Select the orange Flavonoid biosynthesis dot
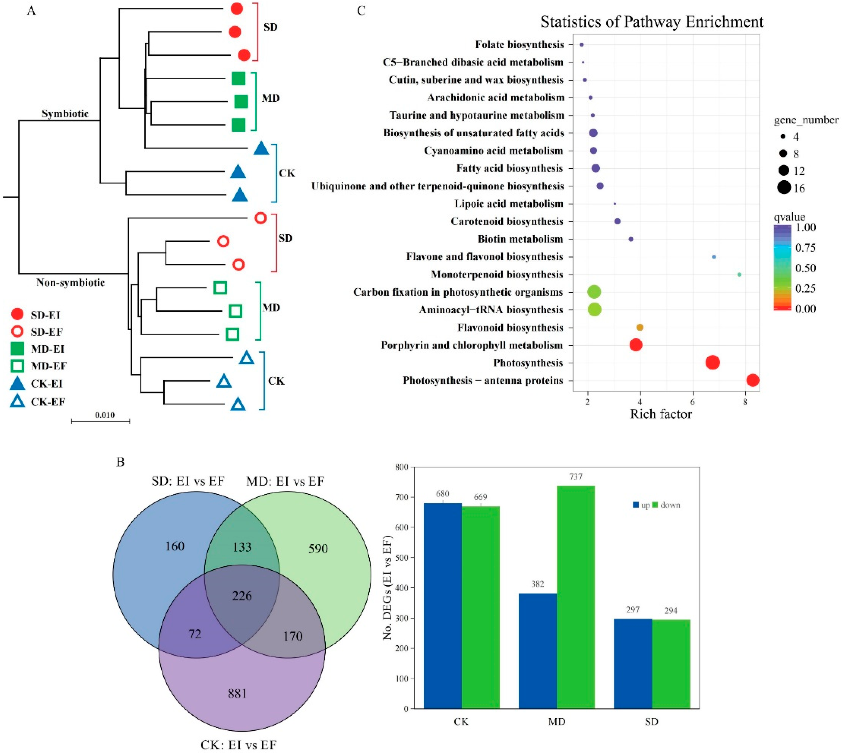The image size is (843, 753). click(x=640, y=327)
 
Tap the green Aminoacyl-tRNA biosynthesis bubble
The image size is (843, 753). click(x=594, y=309)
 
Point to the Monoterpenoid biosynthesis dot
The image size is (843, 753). click(x=739, y=274)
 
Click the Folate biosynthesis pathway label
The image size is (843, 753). click(x=519, y=44)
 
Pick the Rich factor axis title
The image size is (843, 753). click(x=660, y=414)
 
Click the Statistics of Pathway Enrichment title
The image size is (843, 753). click(x=652, y=21)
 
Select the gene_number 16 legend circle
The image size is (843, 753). click(x=783, y=188)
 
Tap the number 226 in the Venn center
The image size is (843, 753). click(x=242, y=595)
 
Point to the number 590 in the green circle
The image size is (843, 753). click(x=318, y=549)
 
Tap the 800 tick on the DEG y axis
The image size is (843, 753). click(x=402, y=467)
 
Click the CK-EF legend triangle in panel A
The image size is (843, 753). click(x=17, y=401)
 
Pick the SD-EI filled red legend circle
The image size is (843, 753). click(x=17, y=314)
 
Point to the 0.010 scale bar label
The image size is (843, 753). click(x=105, y=415)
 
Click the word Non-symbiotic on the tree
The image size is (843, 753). click(x=70, y=282)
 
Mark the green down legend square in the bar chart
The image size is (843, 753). click(x=655, y=505)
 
